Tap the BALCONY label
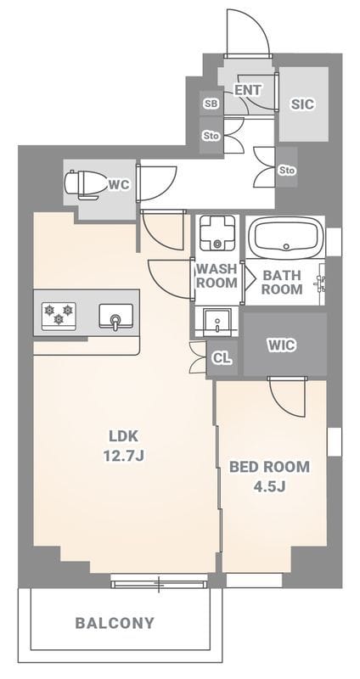point(115,623)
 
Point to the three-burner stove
point(59,314)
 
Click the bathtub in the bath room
point(285,236)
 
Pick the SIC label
point(303,104)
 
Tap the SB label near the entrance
point(211,104)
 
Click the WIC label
point(282,345)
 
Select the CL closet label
point(222,358)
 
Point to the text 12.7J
point(123,457)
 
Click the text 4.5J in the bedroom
point(268,486)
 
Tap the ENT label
point(248,90)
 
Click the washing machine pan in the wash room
point(217,232)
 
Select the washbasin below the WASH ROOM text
point(217,322)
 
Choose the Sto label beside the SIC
point(287,171)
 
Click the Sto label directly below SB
point(211,136)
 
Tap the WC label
point(119,185)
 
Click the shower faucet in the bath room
point(321,282)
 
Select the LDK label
point(123,436)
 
